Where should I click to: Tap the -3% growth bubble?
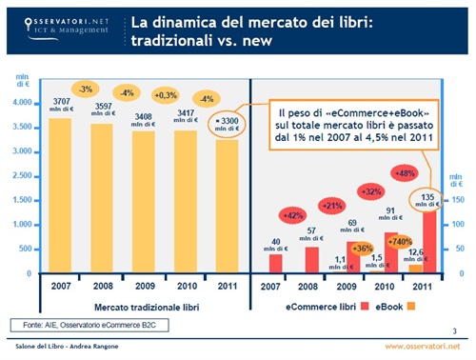click(x=85, y=90)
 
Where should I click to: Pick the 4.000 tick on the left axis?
click(x=18, y=101)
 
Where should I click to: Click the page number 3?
click(x=454, y=330)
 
